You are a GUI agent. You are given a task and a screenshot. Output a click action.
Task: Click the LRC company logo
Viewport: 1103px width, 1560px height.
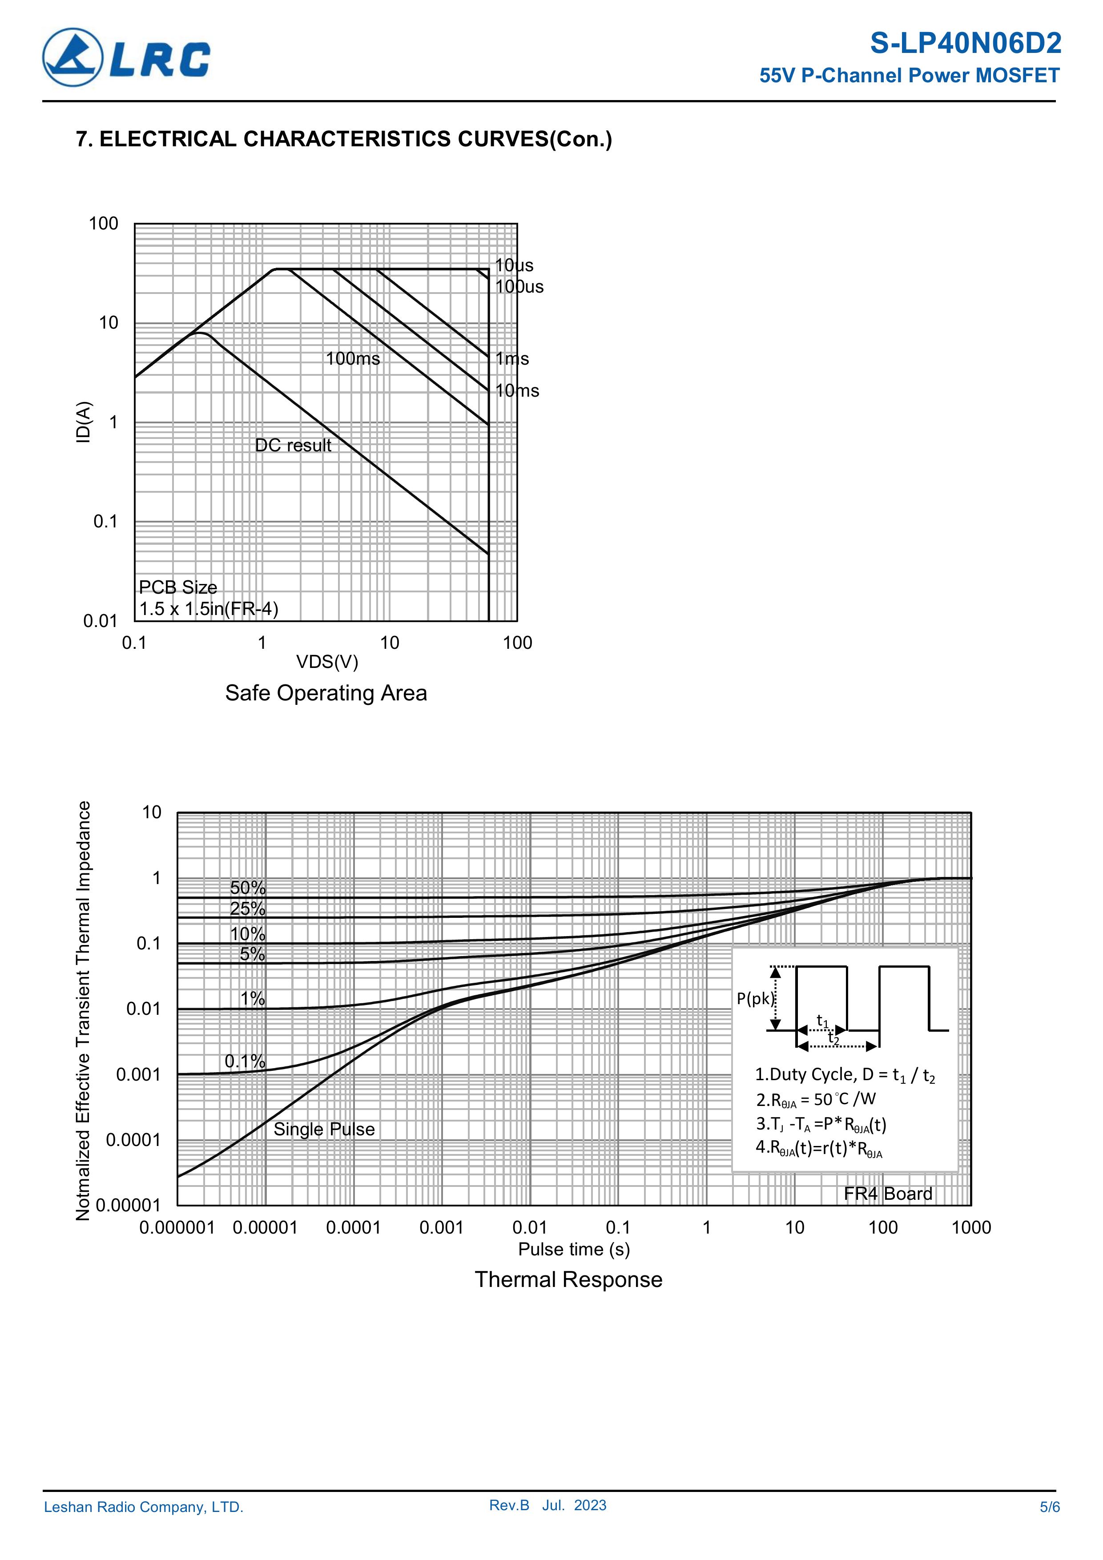(x=126, y=58)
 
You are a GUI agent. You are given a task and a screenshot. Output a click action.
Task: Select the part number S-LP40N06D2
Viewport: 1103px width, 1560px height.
(x=965, y=44)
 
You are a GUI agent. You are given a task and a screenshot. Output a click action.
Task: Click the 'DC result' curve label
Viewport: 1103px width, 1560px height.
(x=293, y=445)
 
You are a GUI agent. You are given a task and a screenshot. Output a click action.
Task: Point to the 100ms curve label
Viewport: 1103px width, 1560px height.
(x=353, y=359)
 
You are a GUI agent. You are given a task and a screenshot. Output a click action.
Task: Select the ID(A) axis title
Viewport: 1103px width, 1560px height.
(x=83, y=422)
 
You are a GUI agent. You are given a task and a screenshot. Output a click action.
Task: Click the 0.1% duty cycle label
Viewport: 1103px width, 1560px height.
(x=245, y=1061)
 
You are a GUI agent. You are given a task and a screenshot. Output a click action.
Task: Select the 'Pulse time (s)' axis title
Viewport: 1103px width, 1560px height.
(x=574, y=1249)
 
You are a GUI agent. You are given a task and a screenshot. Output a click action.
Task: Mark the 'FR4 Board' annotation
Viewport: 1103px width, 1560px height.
(x=888, y=1194)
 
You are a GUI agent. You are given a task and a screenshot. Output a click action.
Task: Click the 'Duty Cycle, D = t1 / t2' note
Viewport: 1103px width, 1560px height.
(x=845, y=1075)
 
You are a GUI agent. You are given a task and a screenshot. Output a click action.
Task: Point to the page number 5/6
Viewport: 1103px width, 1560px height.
(x=1049, y=1507)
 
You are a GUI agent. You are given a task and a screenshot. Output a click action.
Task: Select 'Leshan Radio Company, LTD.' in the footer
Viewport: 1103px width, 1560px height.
(x=143, y=1507)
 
